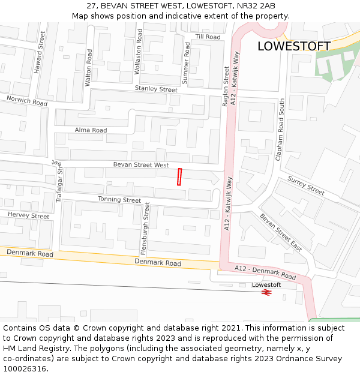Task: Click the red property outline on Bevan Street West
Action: pos(179,177)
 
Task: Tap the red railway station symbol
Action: pos(267,292)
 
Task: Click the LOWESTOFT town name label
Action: pos(293,46)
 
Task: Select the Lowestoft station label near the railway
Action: pos(266,284)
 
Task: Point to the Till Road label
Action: pos(208,37)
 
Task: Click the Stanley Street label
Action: pos(156,89)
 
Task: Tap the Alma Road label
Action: pos(91,130)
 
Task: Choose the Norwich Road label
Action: pos(27,100)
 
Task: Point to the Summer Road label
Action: pos(186,62)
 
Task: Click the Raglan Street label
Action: pos(226,86)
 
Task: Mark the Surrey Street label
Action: pos(306,185)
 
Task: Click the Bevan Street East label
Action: pos(281,232)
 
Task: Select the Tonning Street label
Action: pos(120,200)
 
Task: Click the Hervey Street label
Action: pos(28,215)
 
